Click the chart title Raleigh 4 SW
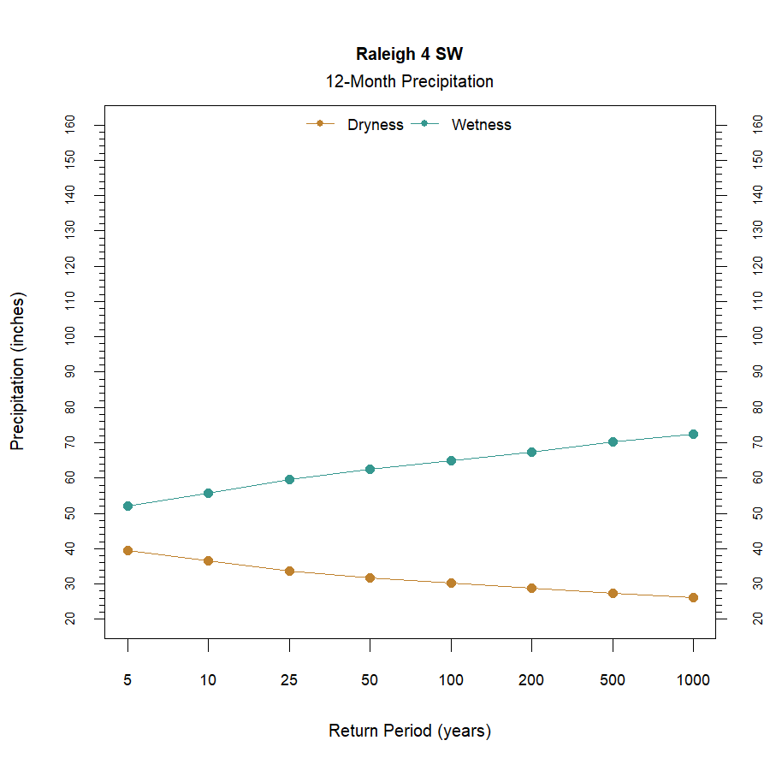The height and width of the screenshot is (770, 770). tap(409, 54)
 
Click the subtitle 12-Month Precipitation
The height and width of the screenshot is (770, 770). tap(409, 82)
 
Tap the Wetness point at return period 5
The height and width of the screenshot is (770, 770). tap(127, 506)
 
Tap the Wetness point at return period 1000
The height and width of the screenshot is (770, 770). tap(693, 435)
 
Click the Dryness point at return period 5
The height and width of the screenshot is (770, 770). tap(127, 550)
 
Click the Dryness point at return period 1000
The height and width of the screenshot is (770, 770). tap(693, 597)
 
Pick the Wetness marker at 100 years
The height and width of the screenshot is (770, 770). tap(451, 461)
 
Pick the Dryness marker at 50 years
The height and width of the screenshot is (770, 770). tap(370, 578)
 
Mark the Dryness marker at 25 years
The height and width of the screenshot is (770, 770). tap(289, 571)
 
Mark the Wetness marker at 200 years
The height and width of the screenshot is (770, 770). tap(531, 452)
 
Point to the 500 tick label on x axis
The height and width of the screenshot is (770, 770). tap(613, 681)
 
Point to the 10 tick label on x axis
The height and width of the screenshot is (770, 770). tap(208, 681)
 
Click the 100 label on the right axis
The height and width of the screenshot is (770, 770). tap(757, 336)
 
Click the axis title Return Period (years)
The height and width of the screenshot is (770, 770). tap(409, 731)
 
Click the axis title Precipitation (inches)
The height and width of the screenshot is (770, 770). tap(18, 371)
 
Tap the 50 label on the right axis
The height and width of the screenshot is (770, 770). tap(757, 512)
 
